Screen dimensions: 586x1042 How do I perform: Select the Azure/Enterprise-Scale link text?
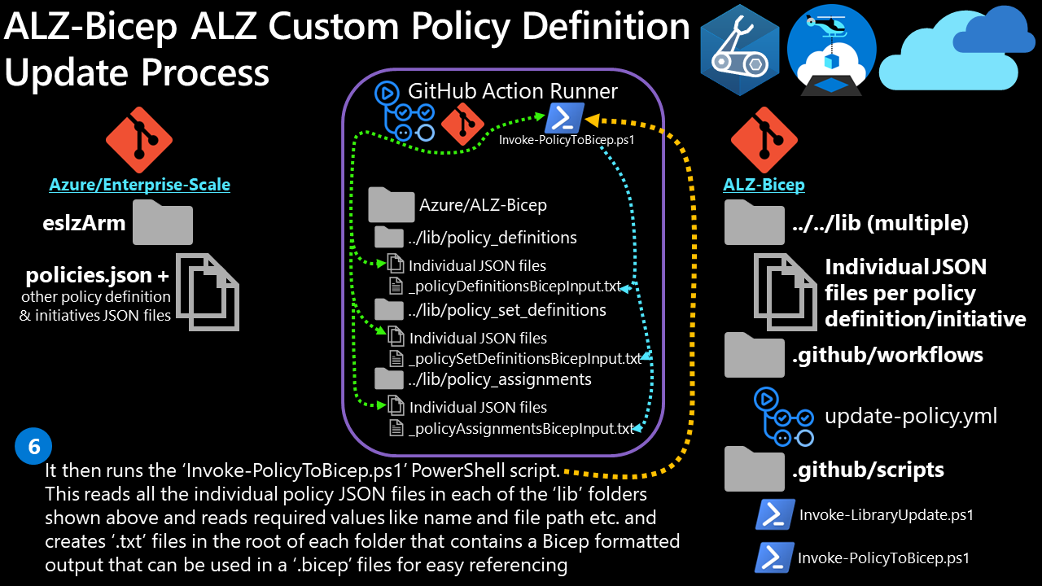point(139,185)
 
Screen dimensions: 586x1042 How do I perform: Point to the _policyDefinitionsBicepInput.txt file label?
point(514,286)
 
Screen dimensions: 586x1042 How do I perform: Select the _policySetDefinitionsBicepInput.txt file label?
point(525,359)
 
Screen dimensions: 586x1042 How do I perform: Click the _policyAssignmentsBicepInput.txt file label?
point(521,428)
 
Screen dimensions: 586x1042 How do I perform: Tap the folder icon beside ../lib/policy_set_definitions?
point(388,310)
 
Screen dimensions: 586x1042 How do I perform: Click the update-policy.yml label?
point(911,417)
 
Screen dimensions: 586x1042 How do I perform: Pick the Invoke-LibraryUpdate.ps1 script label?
point(887,514)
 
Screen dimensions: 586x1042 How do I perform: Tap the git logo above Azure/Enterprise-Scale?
point(138,140)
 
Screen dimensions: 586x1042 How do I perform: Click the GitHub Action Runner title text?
point(513,92)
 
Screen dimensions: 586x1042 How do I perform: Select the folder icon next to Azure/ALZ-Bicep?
point(392,205)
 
